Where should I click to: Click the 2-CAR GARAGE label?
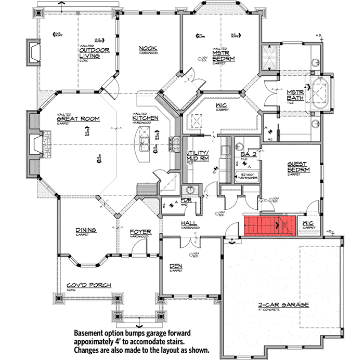284,305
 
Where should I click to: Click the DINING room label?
85,230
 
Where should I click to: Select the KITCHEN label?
146,119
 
